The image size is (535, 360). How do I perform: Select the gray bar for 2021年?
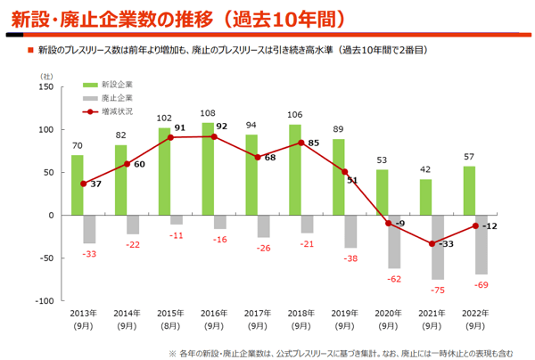438,247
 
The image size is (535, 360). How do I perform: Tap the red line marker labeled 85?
302,143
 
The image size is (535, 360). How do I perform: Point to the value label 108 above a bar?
208,114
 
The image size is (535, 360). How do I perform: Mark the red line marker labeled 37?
83,184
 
